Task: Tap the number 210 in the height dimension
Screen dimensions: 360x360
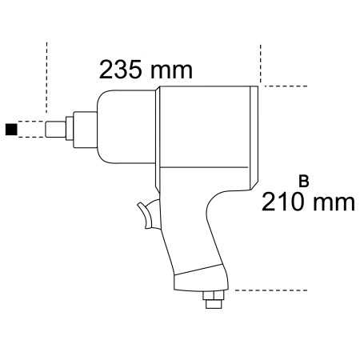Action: point(282,201)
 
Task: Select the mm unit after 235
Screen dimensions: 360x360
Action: point(171,70)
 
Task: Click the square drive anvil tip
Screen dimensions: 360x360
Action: point(56,127)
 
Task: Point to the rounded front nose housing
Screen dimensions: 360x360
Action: point(120,124)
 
